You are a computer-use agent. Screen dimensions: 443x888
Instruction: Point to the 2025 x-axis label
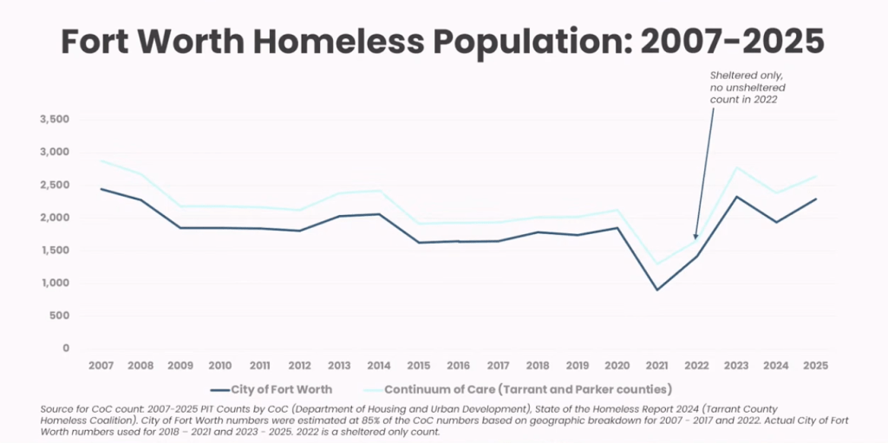(x=815, y=367)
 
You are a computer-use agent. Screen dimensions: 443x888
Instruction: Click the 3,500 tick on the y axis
(x=55, y=120)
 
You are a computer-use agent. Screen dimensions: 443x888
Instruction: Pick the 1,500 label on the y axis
(x=55, y=251)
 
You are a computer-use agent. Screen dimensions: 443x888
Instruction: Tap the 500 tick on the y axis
(x=60, y=316)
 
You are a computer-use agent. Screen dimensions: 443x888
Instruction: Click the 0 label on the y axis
(x=66, y=349)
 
